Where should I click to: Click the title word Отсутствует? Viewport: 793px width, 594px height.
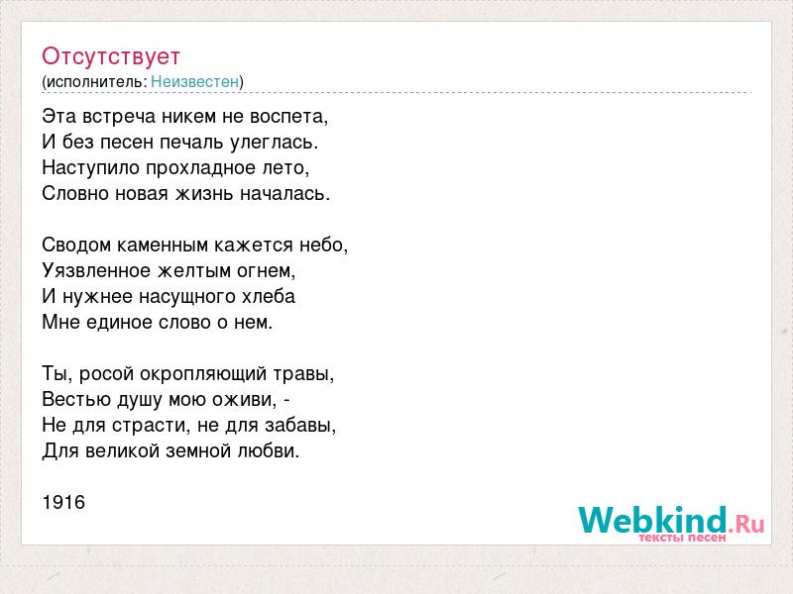click(111, 56)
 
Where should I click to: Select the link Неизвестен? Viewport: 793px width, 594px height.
click(194, 82)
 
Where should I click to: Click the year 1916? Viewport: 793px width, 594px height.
click(63, 502)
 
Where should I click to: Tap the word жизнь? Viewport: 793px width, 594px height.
click(204, 194)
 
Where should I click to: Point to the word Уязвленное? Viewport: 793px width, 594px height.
click(96, 271)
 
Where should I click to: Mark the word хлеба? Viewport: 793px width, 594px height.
click(269, 296)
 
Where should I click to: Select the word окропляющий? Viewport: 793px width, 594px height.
click(202, 374)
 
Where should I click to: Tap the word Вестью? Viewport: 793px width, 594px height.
click(77, 400)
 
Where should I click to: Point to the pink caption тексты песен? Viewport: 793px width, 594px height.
click(682, 538)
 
